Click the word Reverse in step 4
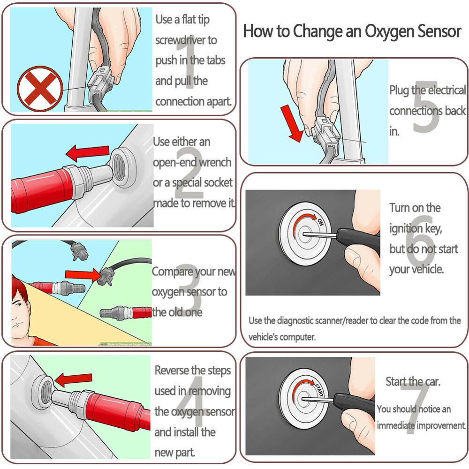pos(174,371)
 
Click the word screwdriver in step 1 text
pos(186,40)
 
